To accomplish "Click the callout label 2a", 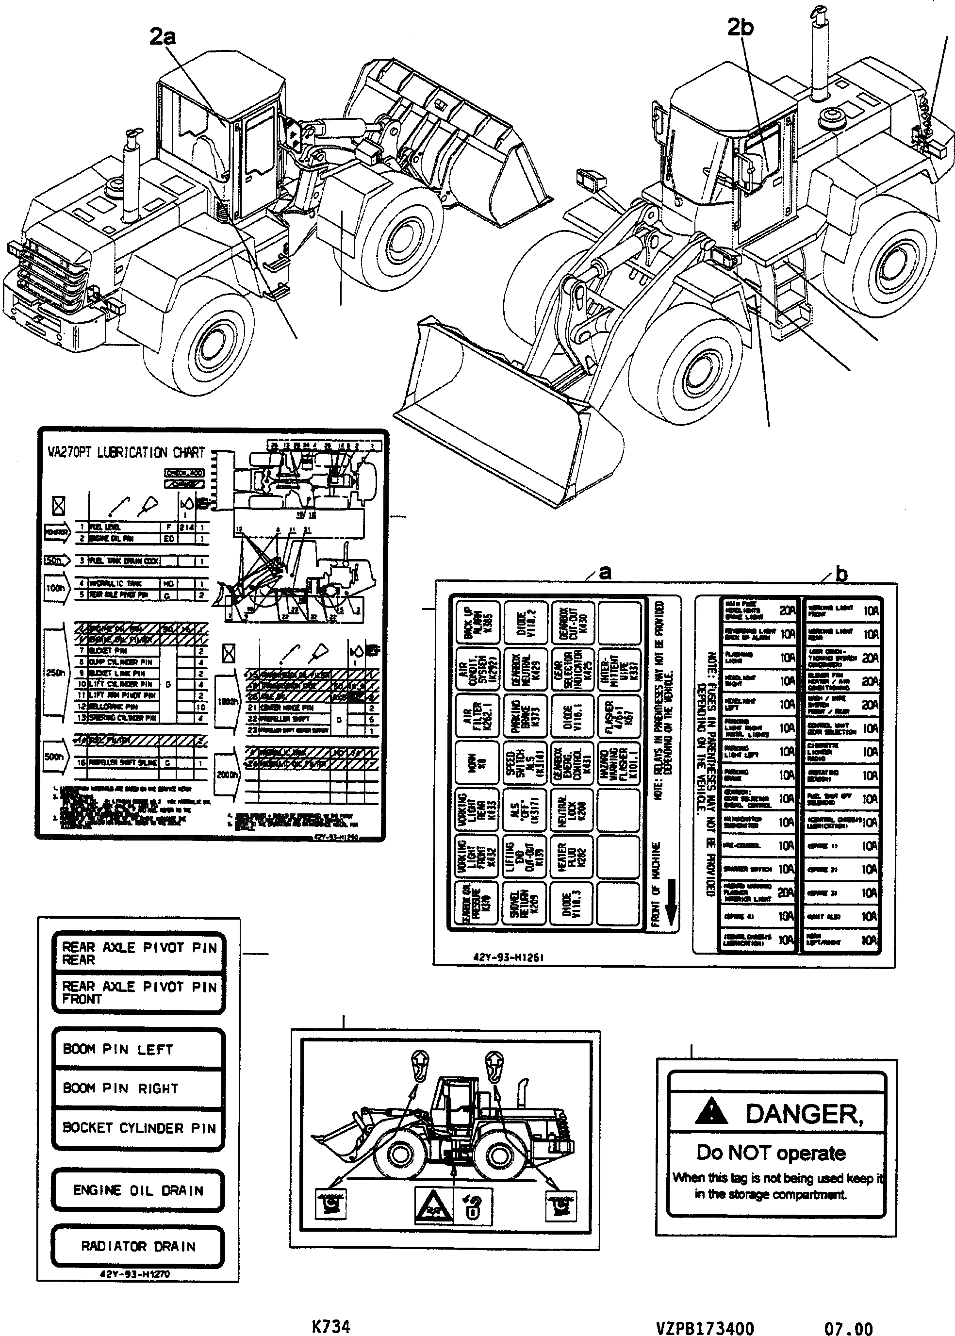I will coord(162,37).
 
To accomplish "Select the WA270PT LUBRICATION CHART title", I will coord(126,453).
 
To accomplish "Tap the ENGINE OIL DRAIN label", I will coord(138,1190).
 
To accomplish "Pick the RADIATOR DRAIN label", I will coord(138,1246).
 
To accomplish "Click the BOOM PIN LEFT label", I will coord(118,1050).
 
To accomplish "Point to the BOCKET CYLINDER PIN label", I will coord(139,1128).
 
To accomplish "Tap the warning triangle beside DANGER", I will coord(711,1111).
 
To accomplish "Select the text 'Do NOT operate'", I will coord(771,1153).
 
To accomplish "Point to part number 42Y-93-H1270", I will coord(135,1274).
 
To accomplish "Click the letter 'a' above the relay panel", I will coord(605,572).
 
